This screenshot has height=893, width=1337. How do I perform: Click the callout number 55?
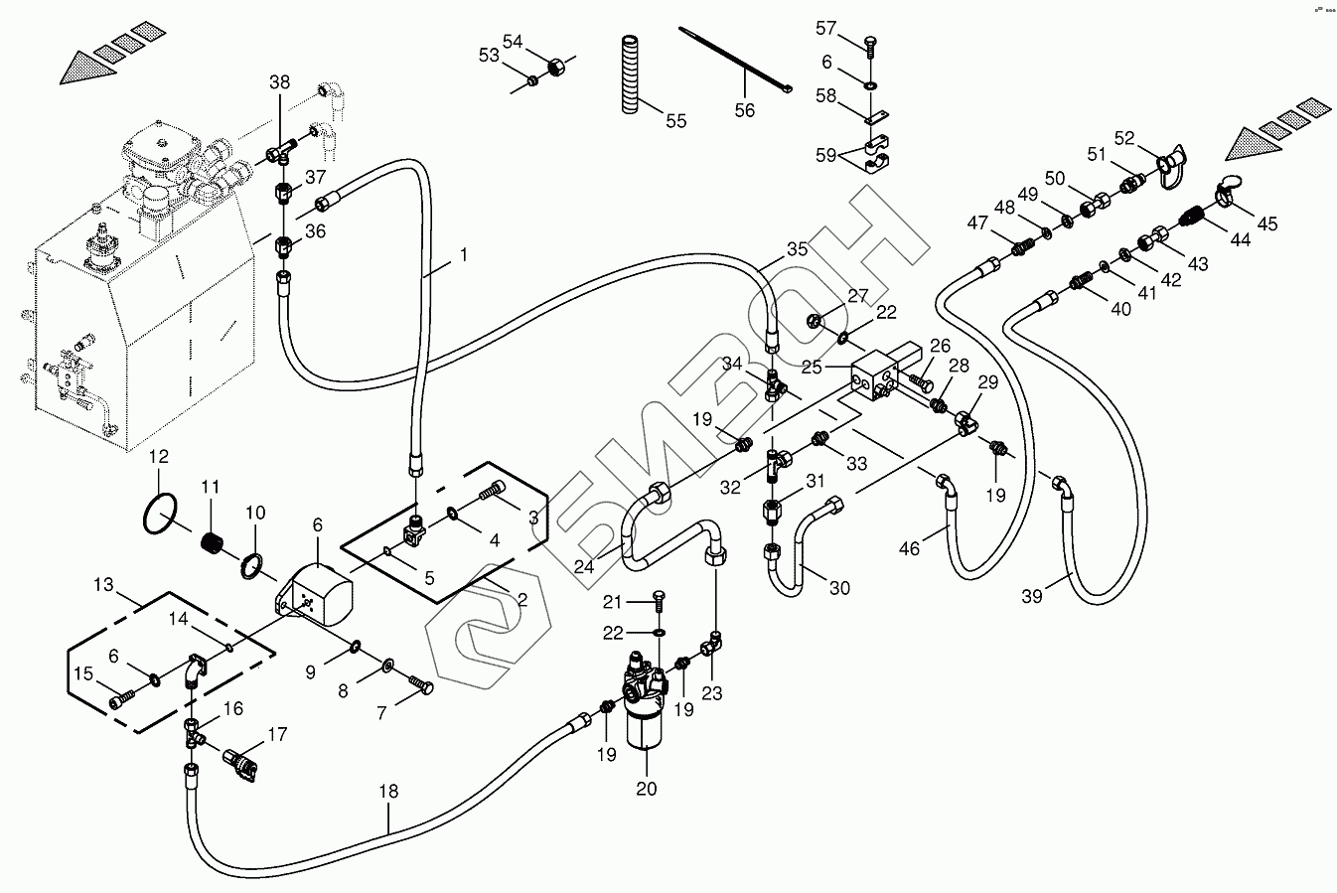[675, 121]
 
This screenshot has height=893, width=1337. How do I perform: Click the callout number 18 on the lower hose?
[387, 792]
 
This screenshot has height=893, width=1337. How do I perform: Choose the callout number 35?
[798, 248]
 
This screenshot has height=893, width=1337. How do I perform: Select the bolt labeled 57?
[870, 46]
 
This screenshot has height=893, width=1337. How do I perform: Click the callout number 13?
[104, 586]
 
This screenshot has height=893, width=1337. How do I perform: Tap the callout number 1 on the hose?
[463, 255]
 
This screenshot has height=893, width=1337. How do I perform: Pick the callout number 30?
[840, 588]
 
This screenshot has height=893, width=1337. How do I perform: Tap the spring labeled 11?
[213, 544]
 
